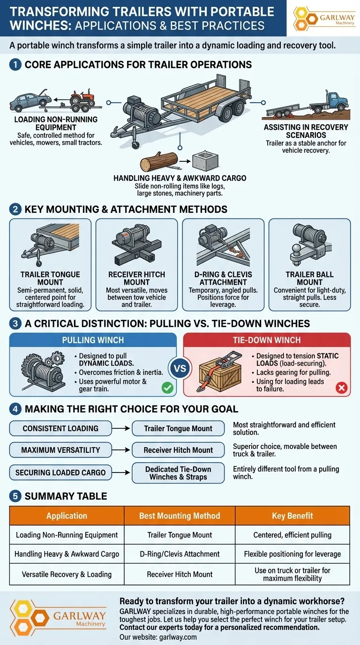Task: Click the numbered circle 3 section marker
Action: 15,323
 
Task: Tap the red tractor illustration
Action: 82,98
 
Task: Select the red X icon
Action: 341,387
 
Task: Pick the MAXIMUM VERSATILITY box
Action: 61,450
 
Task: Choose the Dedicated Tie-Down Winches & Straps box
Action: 178,472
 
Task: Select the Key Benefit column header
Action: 292,516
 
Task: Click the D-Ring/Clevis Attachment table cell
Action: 180,554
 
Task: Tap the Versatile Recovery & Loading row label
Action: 67,574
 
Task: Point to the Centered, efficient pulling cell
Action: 292,535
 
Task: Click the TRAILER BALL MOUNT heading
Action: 309,278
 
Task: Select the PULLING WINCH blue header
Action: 93,340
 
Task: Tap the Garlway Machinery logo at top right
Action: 324,19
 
